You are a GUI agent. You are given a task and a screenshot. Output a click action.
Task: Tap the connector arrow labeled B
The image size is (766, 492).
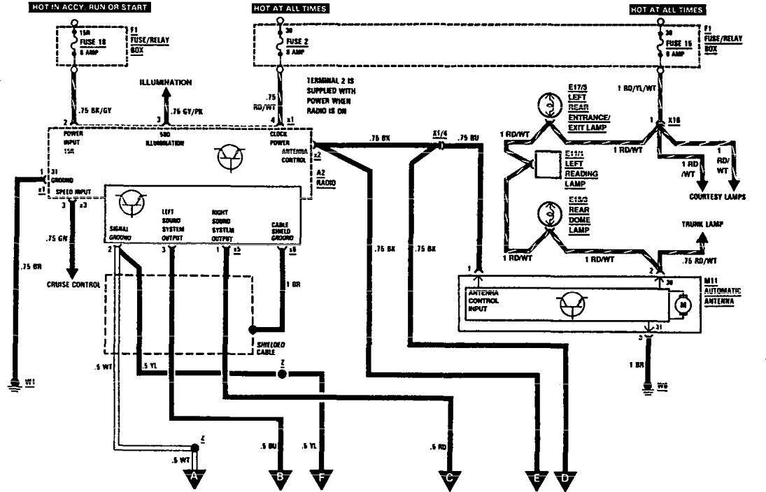(280, 477)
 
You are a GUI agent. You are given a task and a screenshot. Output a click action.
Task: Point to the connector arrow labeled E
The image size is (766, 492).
(537, 477)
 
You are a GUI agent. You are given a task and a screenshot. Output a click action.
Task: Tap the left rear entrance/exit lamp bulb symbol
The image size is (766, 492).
(550, 106)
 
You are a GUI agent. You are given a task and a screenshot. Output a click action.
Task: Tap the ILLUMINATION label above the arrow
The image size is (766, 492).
(166, 82)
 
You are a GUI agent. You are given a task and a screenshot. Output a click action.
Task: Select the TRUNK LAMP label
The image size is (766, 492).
(704, 226)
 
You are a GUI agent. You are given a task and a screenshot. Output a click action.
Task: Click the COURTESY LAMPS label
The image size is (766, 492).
(718, 197)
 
